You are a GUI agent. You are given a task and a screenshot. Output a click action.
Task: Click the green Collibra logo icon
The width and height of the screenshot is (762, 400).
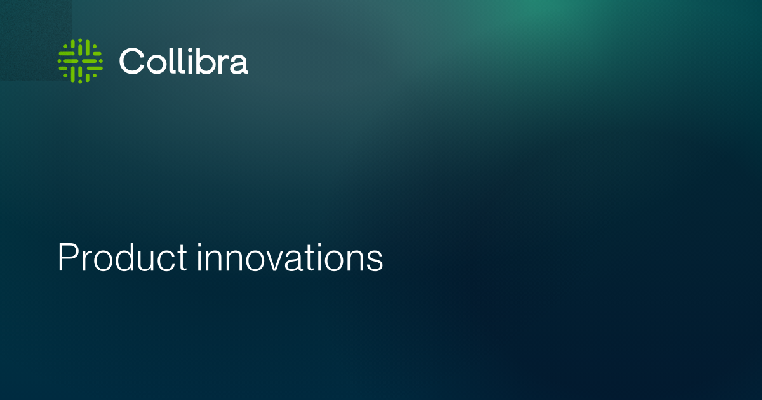point(80,61)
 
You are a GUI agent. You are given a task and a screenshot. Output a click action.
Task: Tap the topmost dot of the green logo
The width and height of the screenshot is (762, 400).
point(80,41)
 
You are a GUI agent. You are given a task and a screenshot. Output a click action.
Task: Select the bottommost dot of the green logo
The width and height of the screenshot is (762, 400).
point(80,82)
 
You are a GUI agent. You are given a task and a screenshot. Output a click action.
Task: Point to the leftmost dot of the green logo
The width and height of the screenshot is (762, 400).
point(60,61)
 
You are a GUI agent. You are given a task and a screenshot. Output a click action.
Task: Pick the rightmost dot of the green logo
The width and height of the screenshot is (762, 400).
point(101,61)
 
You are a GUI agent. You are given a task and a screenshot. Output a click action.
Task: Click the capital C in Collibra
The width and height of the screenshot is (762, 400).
point(132,61)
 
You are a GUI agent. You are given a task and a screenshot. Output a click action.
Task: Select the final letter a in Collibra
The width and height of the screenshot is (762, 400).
point(239,64)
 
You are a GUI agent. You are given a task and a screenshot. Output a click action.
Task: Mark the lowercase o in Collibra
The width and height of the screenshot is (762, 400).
point(157,64)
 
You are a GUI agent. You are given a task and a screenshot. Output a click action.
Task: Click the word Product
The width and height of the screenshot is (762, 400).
point(123,257)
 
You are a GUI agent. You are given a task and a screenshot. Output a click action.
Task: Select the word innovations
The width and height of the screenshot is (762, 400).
point(290,257)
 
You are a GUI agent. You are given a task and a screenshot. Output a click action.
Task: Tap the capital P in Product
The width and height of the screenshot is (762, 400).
point(67,257)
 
